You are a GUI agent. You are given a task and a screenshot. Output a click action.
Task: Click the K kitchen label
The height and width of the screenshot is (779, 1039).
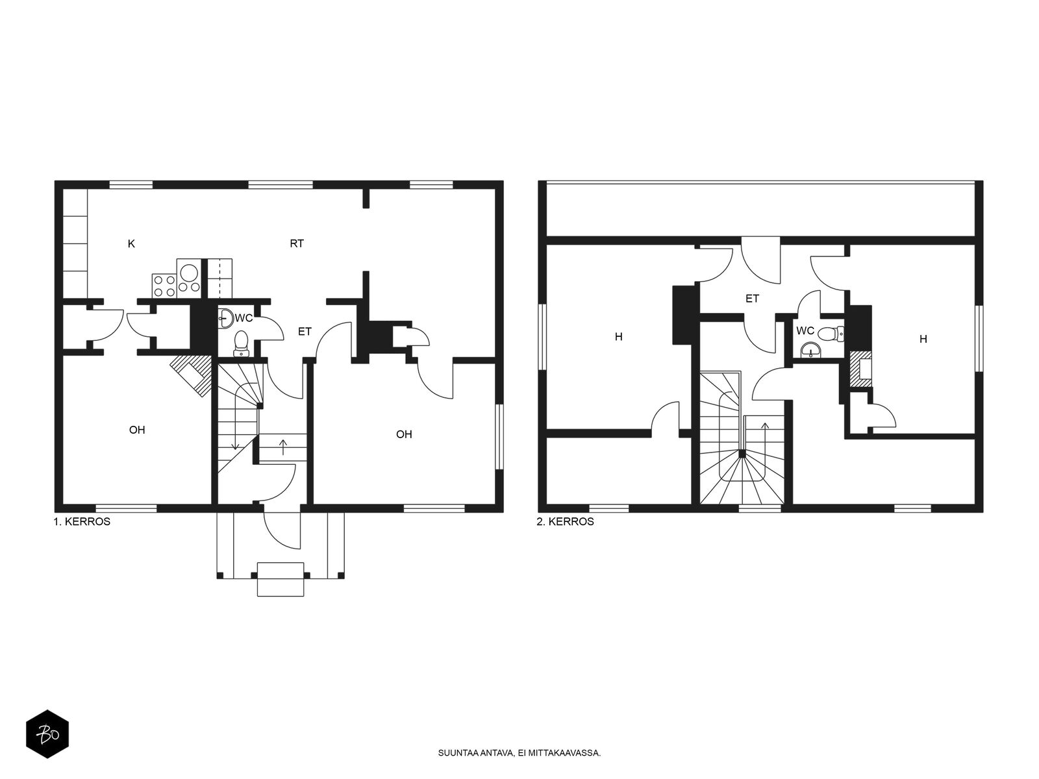[x=132, y=243]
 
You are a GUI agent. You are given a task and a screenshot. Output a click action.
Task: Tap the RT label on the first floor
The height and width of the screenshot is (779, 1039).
[x=297, y=243]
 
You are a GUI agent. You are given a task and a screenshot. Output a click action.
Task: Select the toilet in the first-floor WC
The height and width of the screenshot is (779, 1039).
[x=242, y=343]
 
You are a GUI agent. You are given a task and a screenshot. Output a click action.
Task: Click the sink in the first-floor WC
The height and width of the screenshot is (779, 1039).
[x=226, y=318]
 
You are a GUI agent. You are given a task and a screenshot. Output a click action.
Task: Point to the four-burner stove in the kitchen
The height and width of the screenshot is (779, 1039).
[x=164, y=286]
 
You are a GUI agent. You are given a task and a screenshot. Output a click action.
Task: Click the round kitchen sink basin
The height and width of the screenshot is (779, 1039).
[x=189, y=273]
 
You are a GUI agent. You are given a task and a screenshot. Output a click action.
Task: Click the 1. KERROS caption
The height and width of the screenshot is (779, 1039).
[x=82, y=522]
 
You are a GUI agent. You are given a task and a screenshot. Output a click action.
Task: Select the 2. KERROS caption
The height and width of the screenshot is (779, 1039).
[x=565, y=522]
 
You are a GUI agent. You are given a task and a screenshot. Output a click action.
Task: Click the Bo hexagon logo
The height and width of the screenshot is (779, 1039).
[x=47, y=734]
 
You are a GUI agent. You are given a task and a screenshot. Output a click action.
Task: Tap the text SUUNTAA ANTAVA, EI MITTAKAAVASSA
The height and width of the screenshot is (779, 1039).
[x=519, y=753]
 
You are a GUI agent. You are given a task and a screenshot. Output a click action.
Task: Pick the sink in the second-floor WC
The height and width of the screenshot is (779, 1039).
[x=810, y=351]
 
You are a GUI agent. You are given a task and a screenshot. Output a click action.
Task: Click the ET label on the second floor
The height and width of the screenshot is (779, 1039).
[x=752, y=299]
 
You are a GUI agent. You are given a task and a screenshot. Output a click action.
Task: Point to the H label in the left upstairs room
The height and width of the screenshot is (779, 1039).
[x=619, y=337]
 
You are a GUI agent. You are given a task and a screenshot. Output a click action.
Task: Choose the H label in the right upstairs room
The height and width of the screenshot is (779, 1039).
[x=923, y=339]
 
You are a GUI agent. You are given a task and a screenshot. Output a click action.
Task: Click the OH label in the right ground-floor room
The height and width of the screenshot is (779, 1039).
[x=404, y=434]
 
